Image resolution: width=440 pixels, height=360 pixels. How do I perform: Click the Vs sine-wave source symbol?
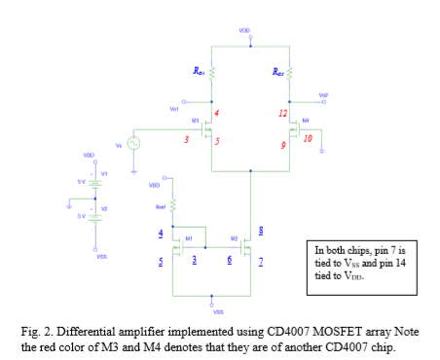click(131, 142)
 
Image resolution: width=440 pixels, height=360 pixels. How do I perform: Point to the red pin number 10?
click(308, 138)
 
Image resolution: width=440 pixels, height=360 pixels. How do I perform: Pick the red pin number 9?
click(283, 145)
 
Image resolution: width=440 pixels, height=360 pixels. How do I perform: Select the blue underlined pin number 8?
click(258, 231)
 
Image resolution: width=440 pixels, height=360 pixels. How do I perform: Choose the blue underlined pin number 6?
click(228, 260)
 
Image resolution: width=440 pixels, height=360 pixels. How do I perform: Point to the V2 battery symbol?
click(95, 215)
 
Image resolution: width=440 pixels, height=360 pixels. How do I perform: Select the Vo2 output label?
click(322, 95)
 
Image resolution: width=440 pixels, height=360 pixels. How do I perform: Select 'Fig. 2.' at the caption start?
click(36, 333)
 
